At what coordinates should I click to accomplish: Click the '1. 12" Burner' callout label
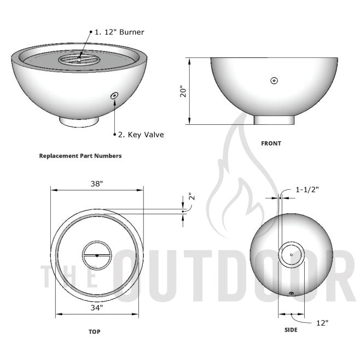[x=119, y=32]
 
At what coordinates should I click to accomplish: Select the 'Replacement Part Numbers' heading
[x=80, y=156]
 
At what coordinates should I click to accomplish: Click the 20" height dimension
[x=184, y=91]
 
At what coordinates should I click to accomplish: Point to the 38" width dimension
[x=97, y=184]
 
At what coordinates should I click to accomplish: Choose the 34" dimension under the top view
[x=97, y=307]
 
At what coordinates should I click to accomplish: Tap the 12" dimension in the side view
[x=322, y=323]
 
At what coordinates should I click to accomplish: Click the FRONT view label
[x=271, y=143]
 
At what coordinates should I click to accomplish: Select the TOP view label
[x=94, y=332]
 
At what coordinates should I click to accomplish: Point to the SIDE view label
[x=291, y=330]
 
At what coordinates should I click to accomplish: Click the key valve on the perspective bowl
[x=114, y=96]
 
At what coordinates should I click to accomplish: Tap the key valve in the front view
[x=274, y=81]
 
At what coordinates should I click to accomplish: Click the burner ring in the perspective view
[x=79, y=57]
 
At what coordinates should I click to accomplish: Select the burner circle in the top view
[x=97, y=256]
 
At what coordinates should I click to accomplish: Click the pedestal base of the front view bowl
[x=274, y=119]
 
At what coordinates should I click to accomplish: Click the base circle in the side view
[x=291, y=254]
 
